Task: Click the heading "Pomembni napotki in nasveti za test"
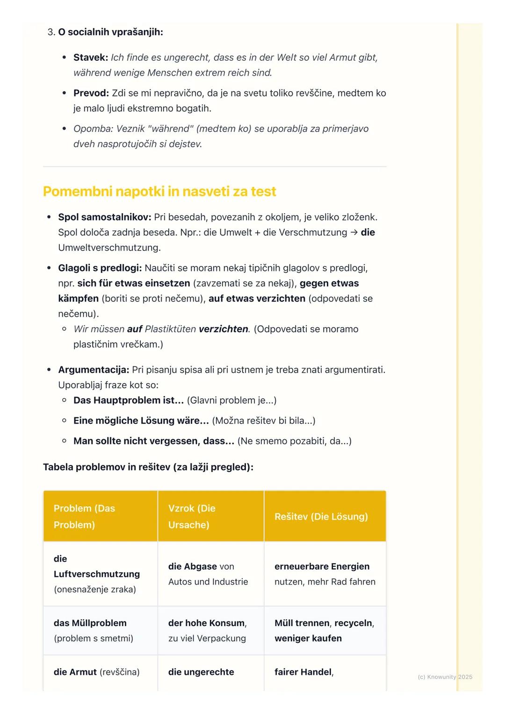tap(159, 192)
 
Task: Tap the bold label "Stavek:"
tap(91, 57)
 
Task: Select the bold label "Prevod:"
tap(91, 93)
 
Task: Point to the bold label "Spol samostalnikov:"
tap(105, 217)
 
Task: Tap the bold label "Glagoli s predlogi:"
tap(100, 268)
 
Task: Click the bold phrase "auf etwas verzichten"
tap(257, 299)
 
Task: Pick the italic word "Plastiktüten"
tap(170, 329)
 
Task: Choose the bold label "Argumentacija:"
tap(94, 370)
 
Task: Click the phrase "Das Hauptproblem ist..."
tap(129, 400)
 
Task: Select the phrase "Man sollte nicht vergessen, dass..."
tap(154, 441)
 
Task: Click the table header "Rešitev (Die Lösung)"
tap(321, 516)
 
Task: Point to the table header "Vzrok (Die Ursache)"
tap(192, 516)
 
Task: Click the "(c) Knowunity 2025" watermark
tap(445, 677)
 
